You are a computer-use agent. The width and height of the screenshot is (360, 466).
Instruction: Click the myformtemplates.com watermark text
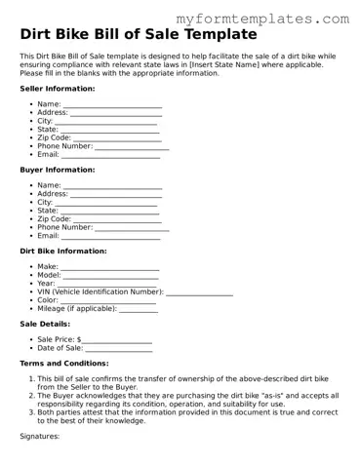(x=262, y=18)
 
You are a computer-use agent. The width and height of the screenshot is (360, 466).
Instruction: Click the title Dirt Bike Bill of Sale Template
(x=139, y=34)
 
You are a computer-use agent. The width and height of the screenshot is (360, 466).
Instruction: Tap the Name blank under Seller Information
(x=112, y=104)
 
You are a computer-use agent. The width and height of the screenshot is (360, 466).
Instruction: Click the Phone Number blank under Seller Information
(x=131, y=147)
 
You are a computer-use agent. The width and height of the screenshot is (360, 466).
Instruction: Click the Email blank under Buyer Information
(x=111, y=237)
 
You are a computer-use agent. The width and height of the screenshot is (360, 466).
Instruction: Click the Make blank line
(x=110, y=267)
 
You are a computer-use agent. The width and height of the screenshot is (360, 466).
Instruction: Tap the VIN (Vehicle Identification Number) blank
(x=199, y=292)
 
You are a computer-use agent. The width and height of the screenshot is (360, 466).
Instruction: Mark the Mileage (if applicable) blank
(x=139, y=309)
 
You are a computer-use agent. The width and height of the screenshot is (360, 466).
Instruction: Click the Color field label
(x=48, y=300)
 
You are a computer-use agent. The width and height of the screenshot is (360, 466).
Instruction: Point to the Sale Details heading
(x=45, y=324)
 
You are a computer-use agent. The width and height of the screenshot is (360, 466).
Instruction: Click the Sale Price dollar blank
(x=117, y=340)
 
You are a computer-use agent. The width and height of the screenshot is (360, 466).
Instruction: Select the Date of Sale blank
(x=118, y=349)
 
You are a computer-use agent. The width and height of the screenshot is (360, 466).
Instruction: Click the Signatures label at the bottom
(x=40, y=437)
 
